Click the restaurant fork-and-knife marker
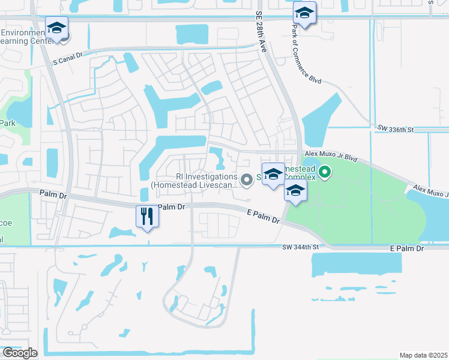tap(147, 217)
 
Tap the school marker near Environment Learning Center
tap(56, 28)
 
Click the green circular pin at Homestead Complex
tap(325, 173)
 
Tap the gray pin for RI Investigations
tap(246, 179)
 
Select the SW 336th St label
tap(396, 128)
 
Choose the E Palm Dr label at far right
tap(407, 248)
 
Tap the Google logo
tap(19, 353)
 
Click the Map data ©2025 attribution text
tap(423, 355)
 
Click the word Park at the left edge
tap(7, 123)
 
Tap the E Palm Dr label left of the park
tap(264, 217)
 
